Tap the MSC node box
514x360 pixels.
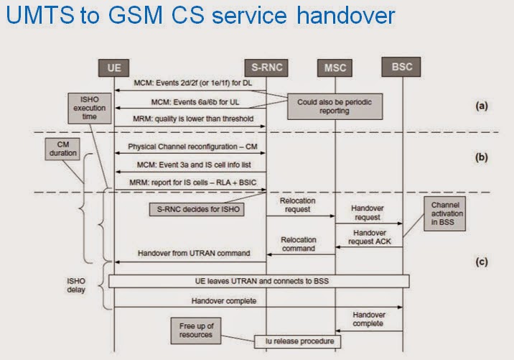pos(335,68)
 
